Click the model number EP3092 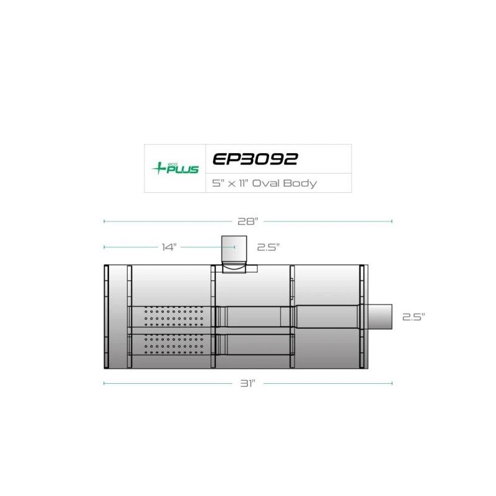[x=255, y=159]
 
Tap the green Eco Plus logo [x=175, y=168]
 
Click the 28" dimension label [x=247, y=221]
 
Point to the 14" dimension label [x=169, y=247]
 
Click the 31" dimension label [x=247, y=383]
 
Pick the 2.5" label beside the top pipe [x=268, y=247]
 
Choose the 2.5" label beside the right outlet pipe [x=414, y=317]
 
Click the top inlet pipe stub [x=234, y=250]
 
